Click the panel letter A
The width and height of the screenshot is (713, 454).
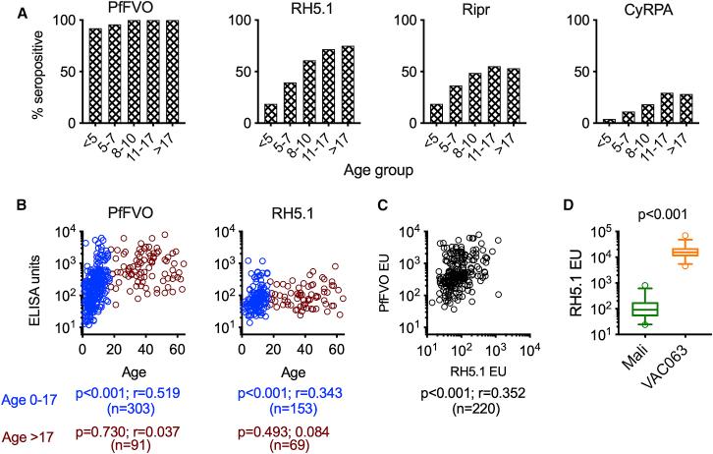pyautogui.click(x=9, y=9)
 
